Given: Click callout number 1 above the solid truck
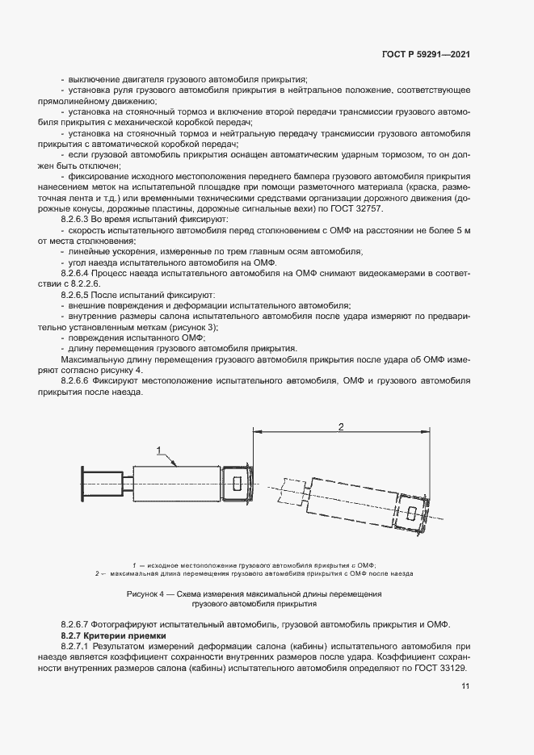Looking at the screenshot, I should (x=160, y=450).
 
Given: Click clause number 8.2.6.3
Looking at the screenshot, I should (x=79, y=220).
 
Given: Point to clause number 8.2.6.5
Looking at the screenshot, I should (x=79, y=296).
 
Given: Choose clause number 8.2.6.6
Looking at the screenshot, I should (x=79, y=380).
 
